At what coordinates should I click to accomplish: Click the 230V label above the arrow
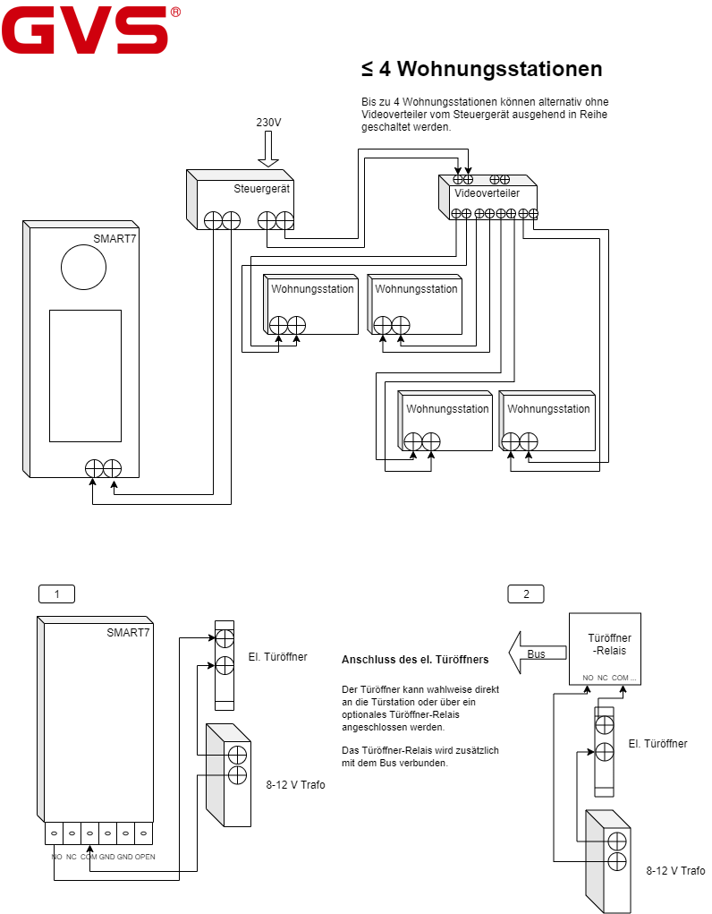coord(268,123)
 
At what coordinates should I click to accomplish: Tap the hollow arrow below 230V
coord(268,149)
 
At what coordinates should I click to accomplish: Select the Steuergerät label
coord(261,189)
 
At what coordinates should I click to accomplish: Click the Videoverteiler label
coord(487,193)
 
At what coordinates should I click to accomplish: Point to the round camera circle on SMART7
coord(84,267)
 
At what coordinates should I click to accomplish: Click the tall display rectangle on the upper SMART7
coord(86,376)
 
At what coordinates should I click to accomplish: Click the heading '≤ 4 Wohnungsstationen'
coord(482,69)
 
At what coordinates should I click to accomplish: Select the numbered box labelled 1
coord(56,594)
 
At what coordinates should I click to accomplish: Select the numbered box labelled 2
coord(526,594)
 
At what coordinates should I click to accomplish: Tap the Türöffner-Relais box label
coord(609,645)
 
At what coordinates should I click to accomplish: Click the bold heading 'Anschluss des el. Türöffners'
coord(415,660)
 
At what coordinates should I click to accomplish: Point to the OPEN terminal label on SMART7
coord(145,857)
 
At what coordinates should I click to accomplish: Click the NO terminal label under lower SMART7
coord(56,857)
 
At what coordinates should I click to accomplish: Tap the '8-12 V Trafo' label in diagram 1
coord(295,785)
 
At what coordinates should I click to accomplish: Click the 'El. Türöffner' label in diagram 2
coord(657,744)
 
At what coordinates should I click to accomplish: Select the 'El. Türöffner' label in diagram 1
coord(278,657)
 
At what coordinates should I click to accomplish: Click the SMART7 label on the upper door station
coord(114,238)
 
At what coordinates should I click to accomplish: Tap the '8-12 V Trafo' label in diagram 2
coord(675,871)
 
